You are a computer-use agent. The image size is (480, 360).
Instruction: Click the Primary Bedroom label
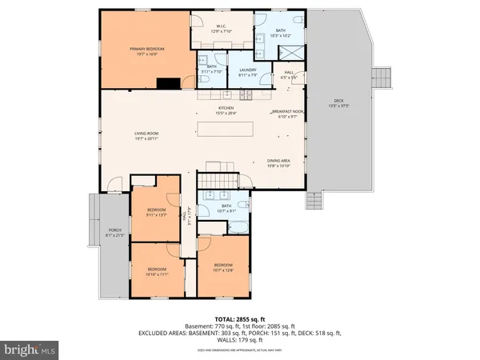(x=147, y=50)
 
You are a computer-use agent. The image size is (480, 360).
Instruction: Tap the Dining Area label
(x=278, y=161)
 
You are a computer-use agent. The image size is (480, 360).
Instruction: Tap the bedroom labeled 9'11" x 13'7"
(x=155, y=213)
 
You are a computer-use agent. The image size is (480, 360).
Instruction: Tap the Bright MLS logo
(x=30, y=350)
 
